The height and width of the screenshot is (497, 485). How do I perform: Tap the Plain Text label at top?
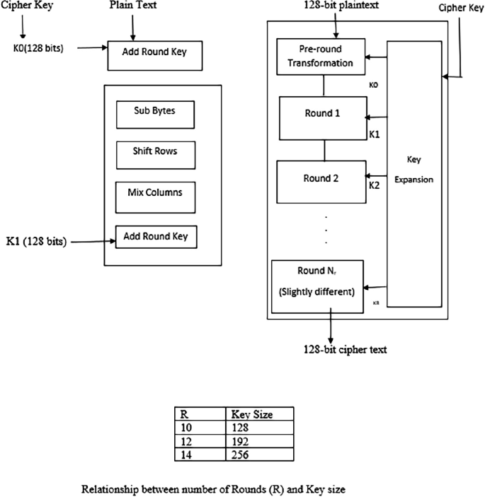coord(132,6)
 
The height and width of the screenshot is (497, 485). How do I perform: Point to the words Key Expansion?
coord(414,170)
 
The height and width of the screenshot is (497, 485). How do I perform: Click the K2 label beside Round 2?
coord(375,186)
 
